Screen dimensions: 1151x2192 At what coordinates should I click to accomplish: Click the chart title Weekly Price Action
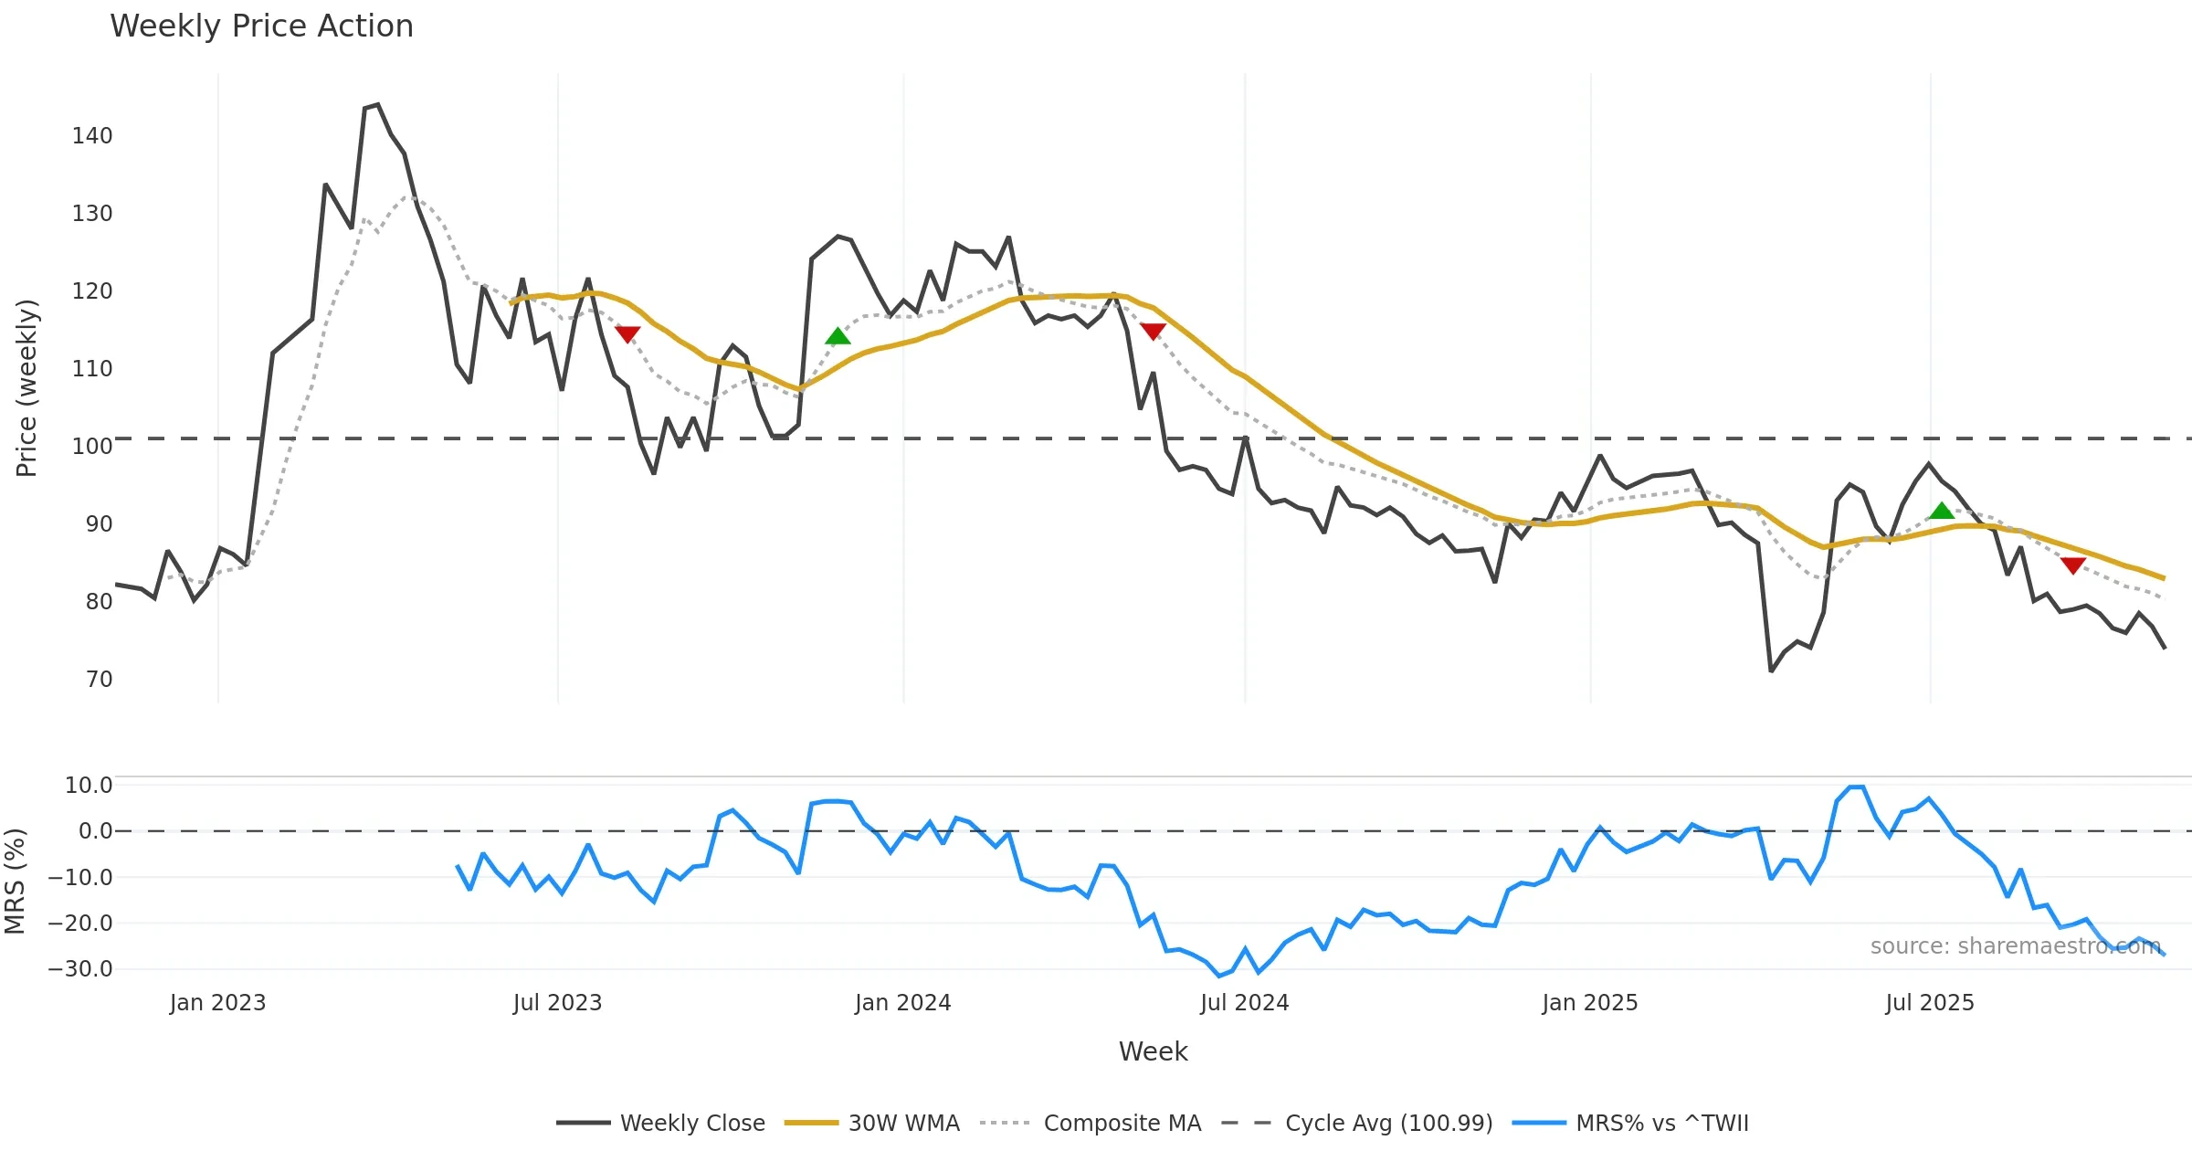tap(261, 26)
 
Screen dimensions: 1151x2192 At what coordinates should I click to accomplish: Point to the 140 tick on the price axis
tap(92, 136)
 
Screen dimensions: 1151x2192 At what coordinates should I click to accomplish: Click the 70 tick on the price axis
tap(99, 680)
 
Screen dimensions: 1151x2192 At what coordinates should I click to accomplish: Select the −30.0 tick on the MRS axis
tap(80, 969)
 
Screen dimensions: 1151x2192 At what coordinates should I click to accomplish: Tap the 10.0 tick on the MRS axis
tap(89, 786)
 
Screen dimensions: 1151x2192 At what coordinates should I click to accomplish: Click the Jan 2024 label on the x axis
tap(902, 1003)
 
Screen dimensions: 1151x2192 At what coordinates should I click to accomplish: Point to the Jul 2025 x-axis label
tap(1929, 1003)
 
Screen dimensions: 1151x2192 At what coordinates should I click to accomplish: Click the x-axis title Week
tap(1153, 1052)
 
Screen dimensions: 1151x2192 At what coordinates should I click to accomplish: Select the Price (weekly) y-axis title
tap(26, 388)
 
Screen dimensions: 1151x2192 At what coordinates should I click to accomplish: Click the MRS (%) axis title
tap(16, 882)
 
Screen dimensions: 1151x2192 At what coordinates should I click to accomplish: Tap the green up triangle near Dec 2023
tap(838, 336)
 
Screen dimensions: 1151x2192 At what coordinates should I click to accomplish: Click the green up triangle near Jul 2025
tap(1942, 511)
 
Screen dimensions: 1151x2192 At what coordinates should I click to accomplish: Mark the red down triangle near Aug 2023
tap(627, 333)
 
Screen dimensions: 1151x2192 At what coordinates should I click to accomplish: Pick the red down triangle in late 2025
tap(2073, 565)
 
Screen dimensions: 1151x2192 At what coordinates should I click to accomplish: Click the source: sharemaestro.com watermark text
tap(2015, 946)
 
